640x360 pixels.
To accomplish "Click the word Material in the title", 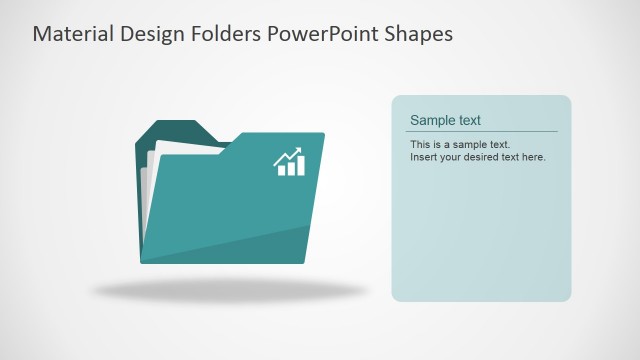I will click(71, 34).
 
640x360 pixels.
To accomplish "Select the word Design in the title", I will click(150, 34).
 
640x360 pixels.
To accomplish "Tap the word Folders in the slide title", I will click(225, 34).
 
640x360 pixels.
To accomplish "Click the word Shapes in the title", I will click(417, 34).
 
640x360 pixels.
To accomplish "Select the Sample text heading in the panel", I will click(445, 120).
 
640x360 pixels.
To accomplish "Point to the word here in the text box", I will click(532, 157).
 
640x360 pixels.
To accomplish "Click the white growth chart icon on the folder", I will click(290, 163).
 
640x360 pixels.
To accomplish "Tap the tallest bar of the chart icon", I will click(300, 167).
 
